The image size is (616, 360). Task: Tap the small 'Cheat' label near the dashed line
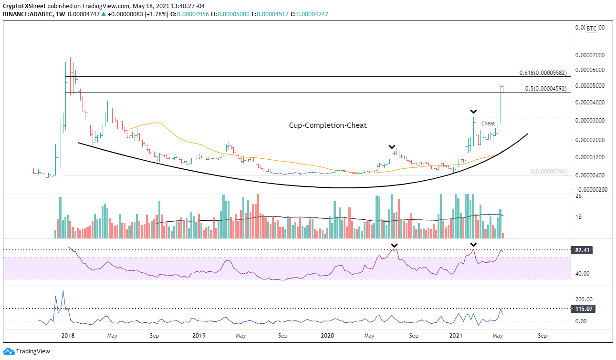[x=488, y=123]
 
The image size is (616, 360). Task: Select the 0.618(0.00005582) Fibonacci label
[x=543, y=73]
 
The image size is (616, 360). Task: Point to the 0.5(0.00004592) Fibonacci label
[x=545, y=89]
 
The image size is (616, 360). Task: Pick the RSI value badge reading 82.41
[x=582, y=250]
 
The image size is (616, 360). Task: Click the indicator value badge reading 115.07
[x=582, y=309]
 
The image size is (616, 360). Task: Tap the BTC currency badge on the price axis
[x=591, y=28]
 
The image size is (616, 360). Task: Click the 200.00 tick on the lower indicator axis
[x=582, y=299]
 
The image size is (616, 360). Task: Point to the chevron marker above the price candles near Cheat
[x=473, y=112]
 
